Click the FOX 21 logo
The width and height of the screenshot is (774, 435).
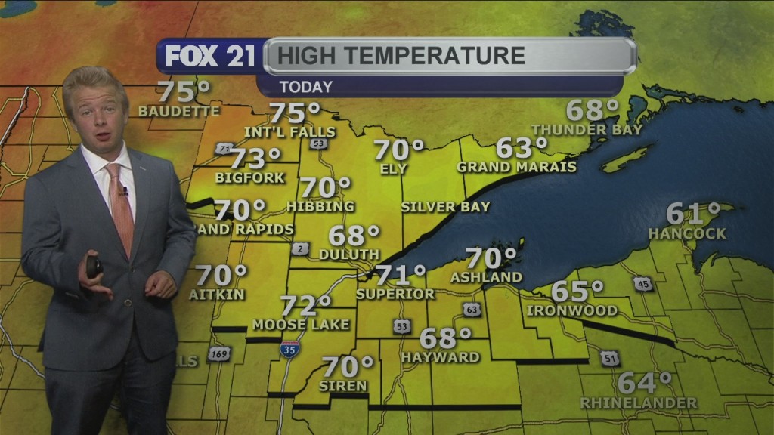pyautogui.click(x=210, y=57)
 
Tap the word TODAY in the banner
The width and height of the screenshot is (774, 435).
pyautogui.click(x=305, y=86)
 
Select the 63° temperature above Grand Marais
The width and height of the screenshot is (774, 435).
pyautogui.click(x=521, y=148)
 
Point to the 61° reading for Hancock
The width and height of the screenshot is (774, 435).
pyautogui.click(x=693, y=214)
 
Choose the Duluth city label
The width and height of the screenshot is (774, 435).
pyautogui.click(x=348, y=255)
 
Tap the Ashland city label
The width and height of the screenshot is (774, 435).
pyautogui.click(x=486, y=277)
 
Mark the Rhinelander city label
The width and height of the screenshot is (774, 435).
pyautogui.click(x=638, y=403)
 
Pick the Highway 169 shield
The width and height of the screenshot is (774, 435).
pyautogui.click(x=218, y=353)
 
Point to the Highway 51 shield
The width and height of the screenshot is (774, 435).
pyautogui.click(x=611, y=358)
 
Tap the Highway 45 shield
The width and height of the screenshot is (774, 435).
pyautogui.click(x=642, y=284)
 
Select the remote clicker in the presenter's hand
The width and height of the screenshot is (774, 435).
pyautogui.click(x=94, y=267)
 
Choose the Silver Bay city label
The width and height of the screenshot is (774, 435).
pyautogui.click(x=445, y=207)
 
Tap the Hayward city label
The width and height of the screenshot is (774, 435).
pyautogui.click(x=440, y=356)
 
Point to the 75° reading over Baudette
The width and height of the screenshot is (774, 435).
pyautogui.click(x=183, y=92)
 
